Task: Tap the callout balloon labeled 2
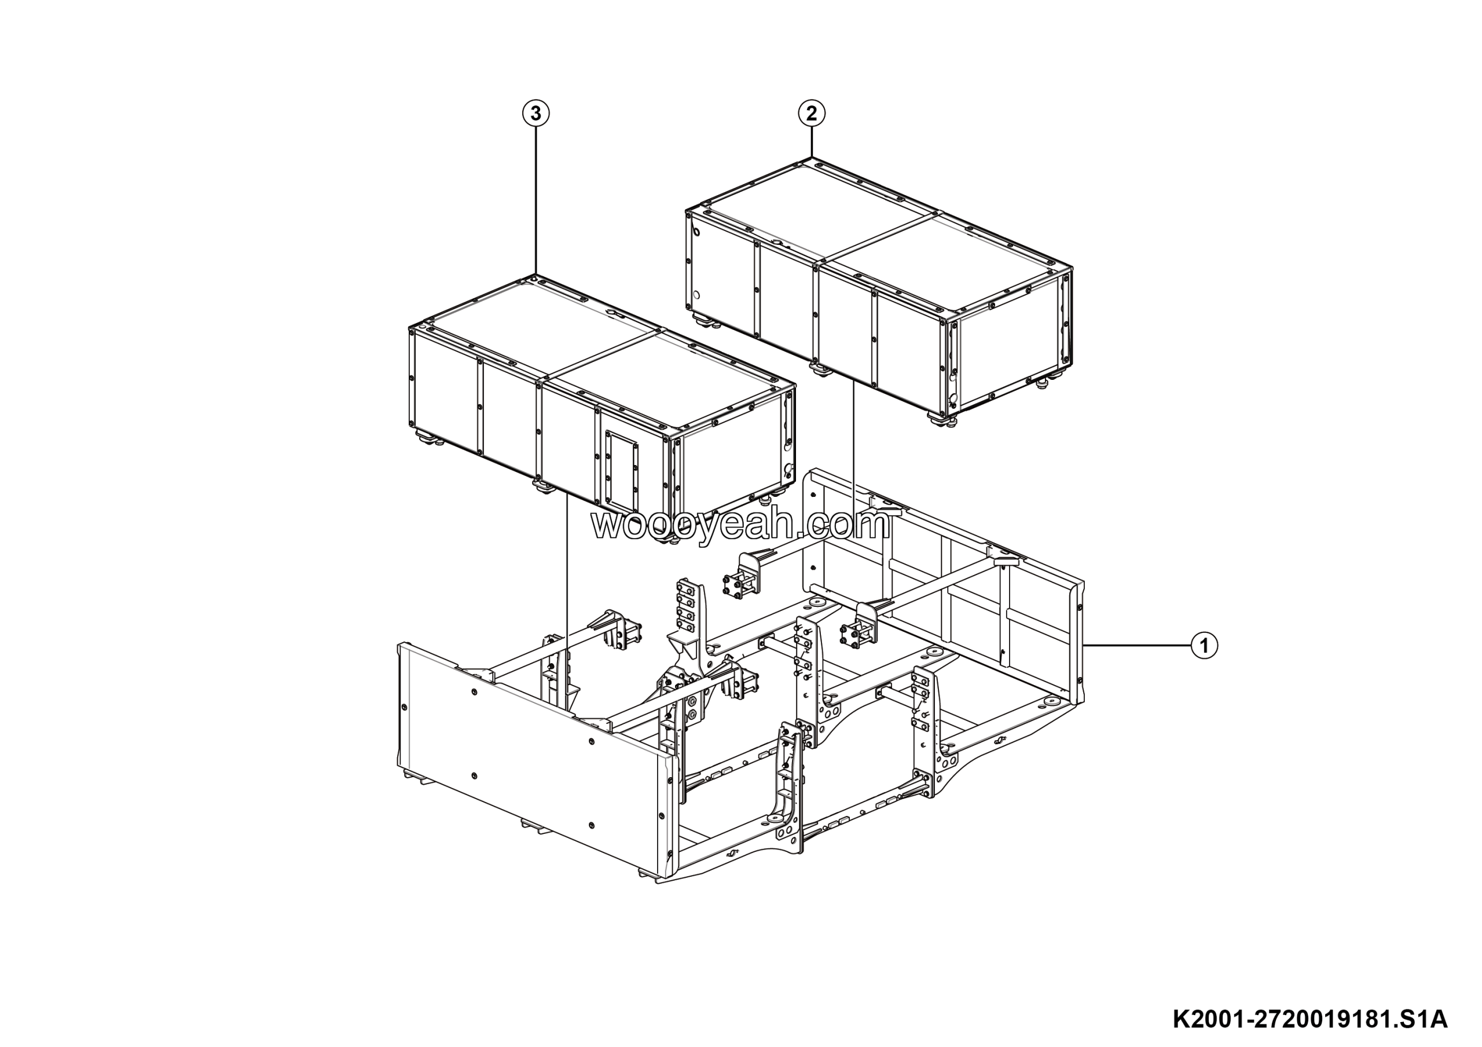(812, 114)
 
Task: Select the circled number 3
(535, 114)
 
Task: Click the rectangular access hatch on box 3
(621, 471)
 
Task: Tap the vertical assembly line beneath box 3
(566, 603)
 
